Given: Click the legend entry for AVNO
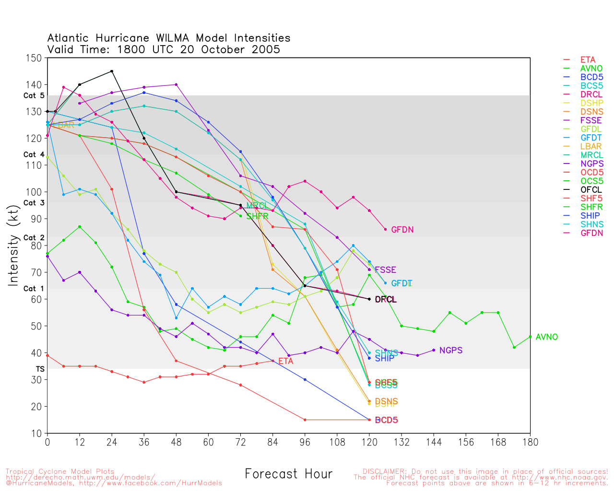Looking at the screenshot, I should pyautogui.click(x=591, y=69).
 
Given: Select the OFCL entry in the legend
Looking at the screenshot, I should pyautogui.click(x=591, y=190).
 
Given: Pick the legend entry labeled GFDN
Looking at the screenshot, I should pyautogui.click(x=591, y=233).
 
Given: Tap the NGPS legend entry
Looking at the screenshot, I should pyautogui.click(x=591, y=164).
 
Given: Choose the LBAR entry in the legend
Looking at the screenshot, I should pyautogui.click(x=591, y=146).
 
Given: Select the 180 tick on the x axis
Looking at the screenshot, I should pyautogui.click(x=530, y=442).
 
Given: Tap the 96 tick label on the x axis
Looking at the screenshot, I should pyautogui.click(x=305, y=442).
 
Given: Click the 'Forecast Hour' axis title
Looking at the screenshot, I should pyautogui.click(x=288, y=474).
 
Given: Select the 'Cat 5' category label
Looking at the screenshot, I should pyautogui.click(x=34, y=95).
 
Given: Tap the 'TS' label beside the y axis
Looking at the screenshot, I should pyautogui.click(x=40, y=369).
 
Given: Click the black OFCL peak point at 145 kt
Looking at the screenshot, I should pyautogui.click(x=112, y=71).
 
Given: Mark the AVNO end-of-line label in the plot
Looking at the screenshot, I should pyautogui.click(x=546, y=337).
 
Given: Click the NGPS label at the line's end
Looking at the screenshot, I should pyautogui.click(x=450, y=351).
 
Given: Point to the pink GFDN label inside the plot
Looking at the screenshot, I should pyautogui.click(x=402, y=230).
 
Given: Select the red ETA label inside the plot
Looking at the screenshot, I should pyautogui.click(x=285, y=361).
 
